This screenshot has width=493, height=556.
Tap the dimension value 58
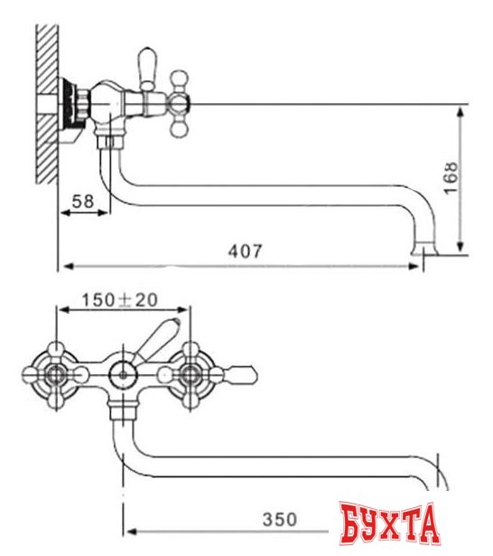[82, 203]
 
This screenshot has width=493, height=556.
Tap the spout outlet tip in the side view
[423, 249]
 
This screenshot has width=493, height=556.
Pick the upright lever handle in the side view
[147, 68]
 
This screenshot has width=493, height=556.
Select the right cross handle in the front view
[191, 372]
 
